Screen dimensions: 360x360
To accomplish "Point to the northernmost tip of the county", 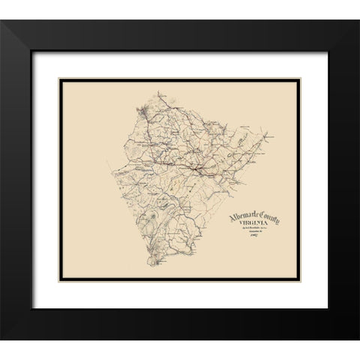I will tap(160, 93).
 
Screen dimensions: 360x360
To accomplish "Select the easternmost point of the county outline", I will tap(272, 137).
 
